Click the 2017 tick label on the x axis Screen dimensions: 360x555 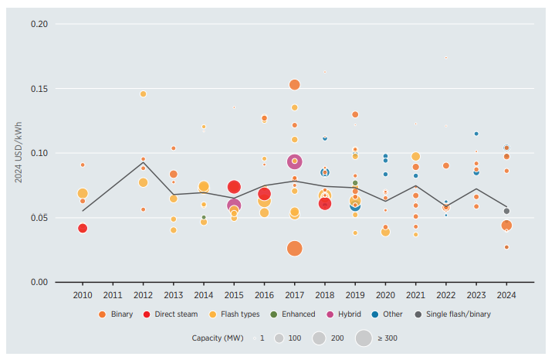tap(294, 294)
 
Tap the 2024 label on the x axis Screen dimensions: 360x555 tap(506, 294)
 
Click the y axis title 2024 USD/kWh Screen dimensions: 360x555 tap(18, 153)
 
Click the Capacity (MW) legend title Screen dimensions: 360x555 tap(217, 338)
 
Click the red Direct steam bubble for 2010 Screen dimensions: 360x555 tap(83, 228)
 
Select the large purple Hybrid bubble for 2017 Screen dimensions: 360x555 tap(294, 161)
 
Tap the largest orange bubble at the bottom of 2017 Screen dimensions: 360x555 tap(294, 248)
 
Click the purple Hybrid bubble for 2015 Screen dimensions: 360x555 tap(234, 205)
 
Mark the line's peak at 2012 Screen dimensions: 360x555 tap(143, 161)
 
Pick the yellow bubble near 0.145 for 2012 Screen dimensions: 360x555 tap(143, 94)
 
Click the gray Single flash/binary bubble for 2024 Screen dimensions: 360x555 tap(506, 211)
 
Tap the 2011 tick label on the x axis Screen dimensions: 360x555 tap(113, 294)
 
